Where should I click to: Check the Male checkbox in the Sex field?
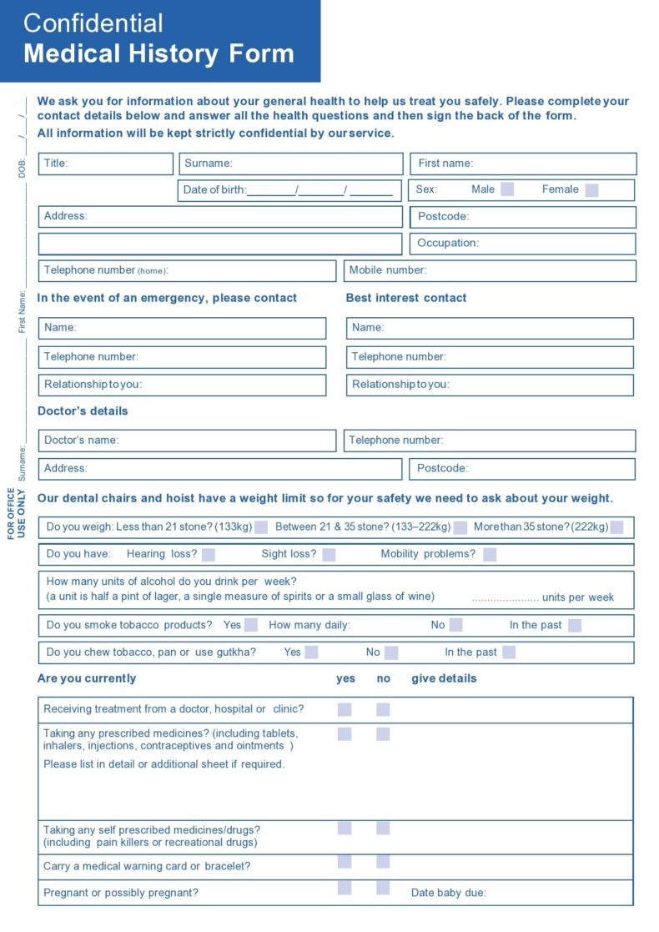[x=507, y=189]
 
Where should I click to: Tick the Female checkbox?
[x=591, y=189]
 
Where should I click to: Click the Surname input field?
[x=289, y=164]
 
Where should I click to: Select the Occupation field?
[x=522, y=244]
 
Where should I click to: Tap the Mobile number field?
[x=490, y=270]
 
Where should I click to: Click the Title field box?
[x=106, y=164]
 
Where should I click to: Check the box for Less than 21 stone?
[x=261, y=527]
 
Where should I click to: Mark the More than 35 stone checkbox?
[x=616, y=527]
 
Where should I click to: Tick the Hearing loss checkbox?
[x=209, y=554]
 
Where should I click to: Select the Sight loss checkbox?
[x=329, y=554]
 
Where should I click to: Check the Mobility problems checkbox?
[x=490, y=554]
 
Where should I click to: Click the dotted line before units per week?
[x=505, y=597]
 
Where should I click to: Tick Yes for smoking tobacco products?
[x=251, y=625]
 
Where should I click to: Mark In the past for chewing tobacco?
[x=509, y=652]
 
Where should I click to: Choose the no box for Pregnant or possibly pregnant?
[x=383, y=888]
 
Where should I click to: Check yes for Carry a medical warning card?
[x=345, y=862]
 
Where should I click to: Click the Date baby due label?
[x=448, y=893]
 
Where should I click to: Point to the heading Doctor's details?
[x=83, y=411]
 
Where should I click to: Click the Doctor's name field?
[x=187, y=441]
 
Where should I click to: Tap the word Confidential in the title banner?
[x=93, y=23]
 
